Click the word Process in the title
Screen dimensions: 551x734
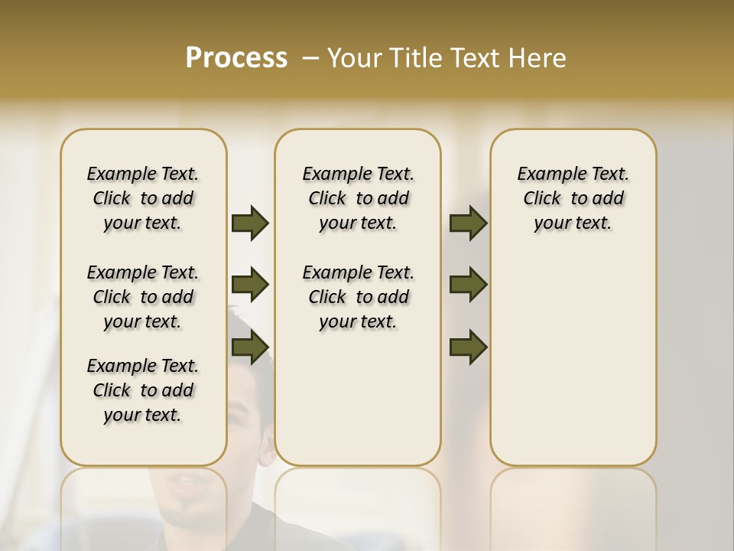pyautogui.click(x=236, y=58)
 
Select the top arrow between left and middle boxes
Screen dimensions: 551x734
pyautogui.click(x=250, y=223)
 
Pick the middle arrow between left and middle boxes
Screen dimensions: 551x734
pyautogui.click(x=250, y=285)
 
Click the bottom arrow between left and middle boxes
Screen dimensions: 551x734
pyautogui.click(x=250, y=347)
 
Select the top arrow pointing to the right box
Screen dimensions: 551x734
pyautogui.click(x=468, y=223)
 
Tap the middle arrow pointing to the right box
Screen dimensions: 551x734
pyautogui.click(x=468, y=285)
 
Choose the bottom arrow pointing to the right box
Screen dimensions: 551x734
pyautogui.click(x=468, y=347)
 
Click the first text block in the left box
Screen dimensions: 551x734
pyautogui.click(x=143, y=198)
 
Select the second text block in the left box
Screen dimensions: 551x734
pyautogui.click(x=143, y=297)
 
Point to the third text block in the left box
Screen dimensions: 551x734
pyautogui.click(x=143, y=390)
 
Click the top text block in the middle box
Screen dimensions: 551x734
pyautogui.click(x=358, y=198)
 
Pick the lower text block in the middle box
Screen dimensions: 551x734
pyautogui.click(x=358, y=297)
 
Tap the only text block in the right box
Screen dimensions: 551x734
pyautogui.click(x=573, y=198)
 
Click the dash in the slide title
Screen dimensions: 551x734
pyautogui.click(x=311, y=58)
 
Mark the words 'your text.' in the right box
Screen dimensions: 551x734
pyautogui.click(x=573, y=223)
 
